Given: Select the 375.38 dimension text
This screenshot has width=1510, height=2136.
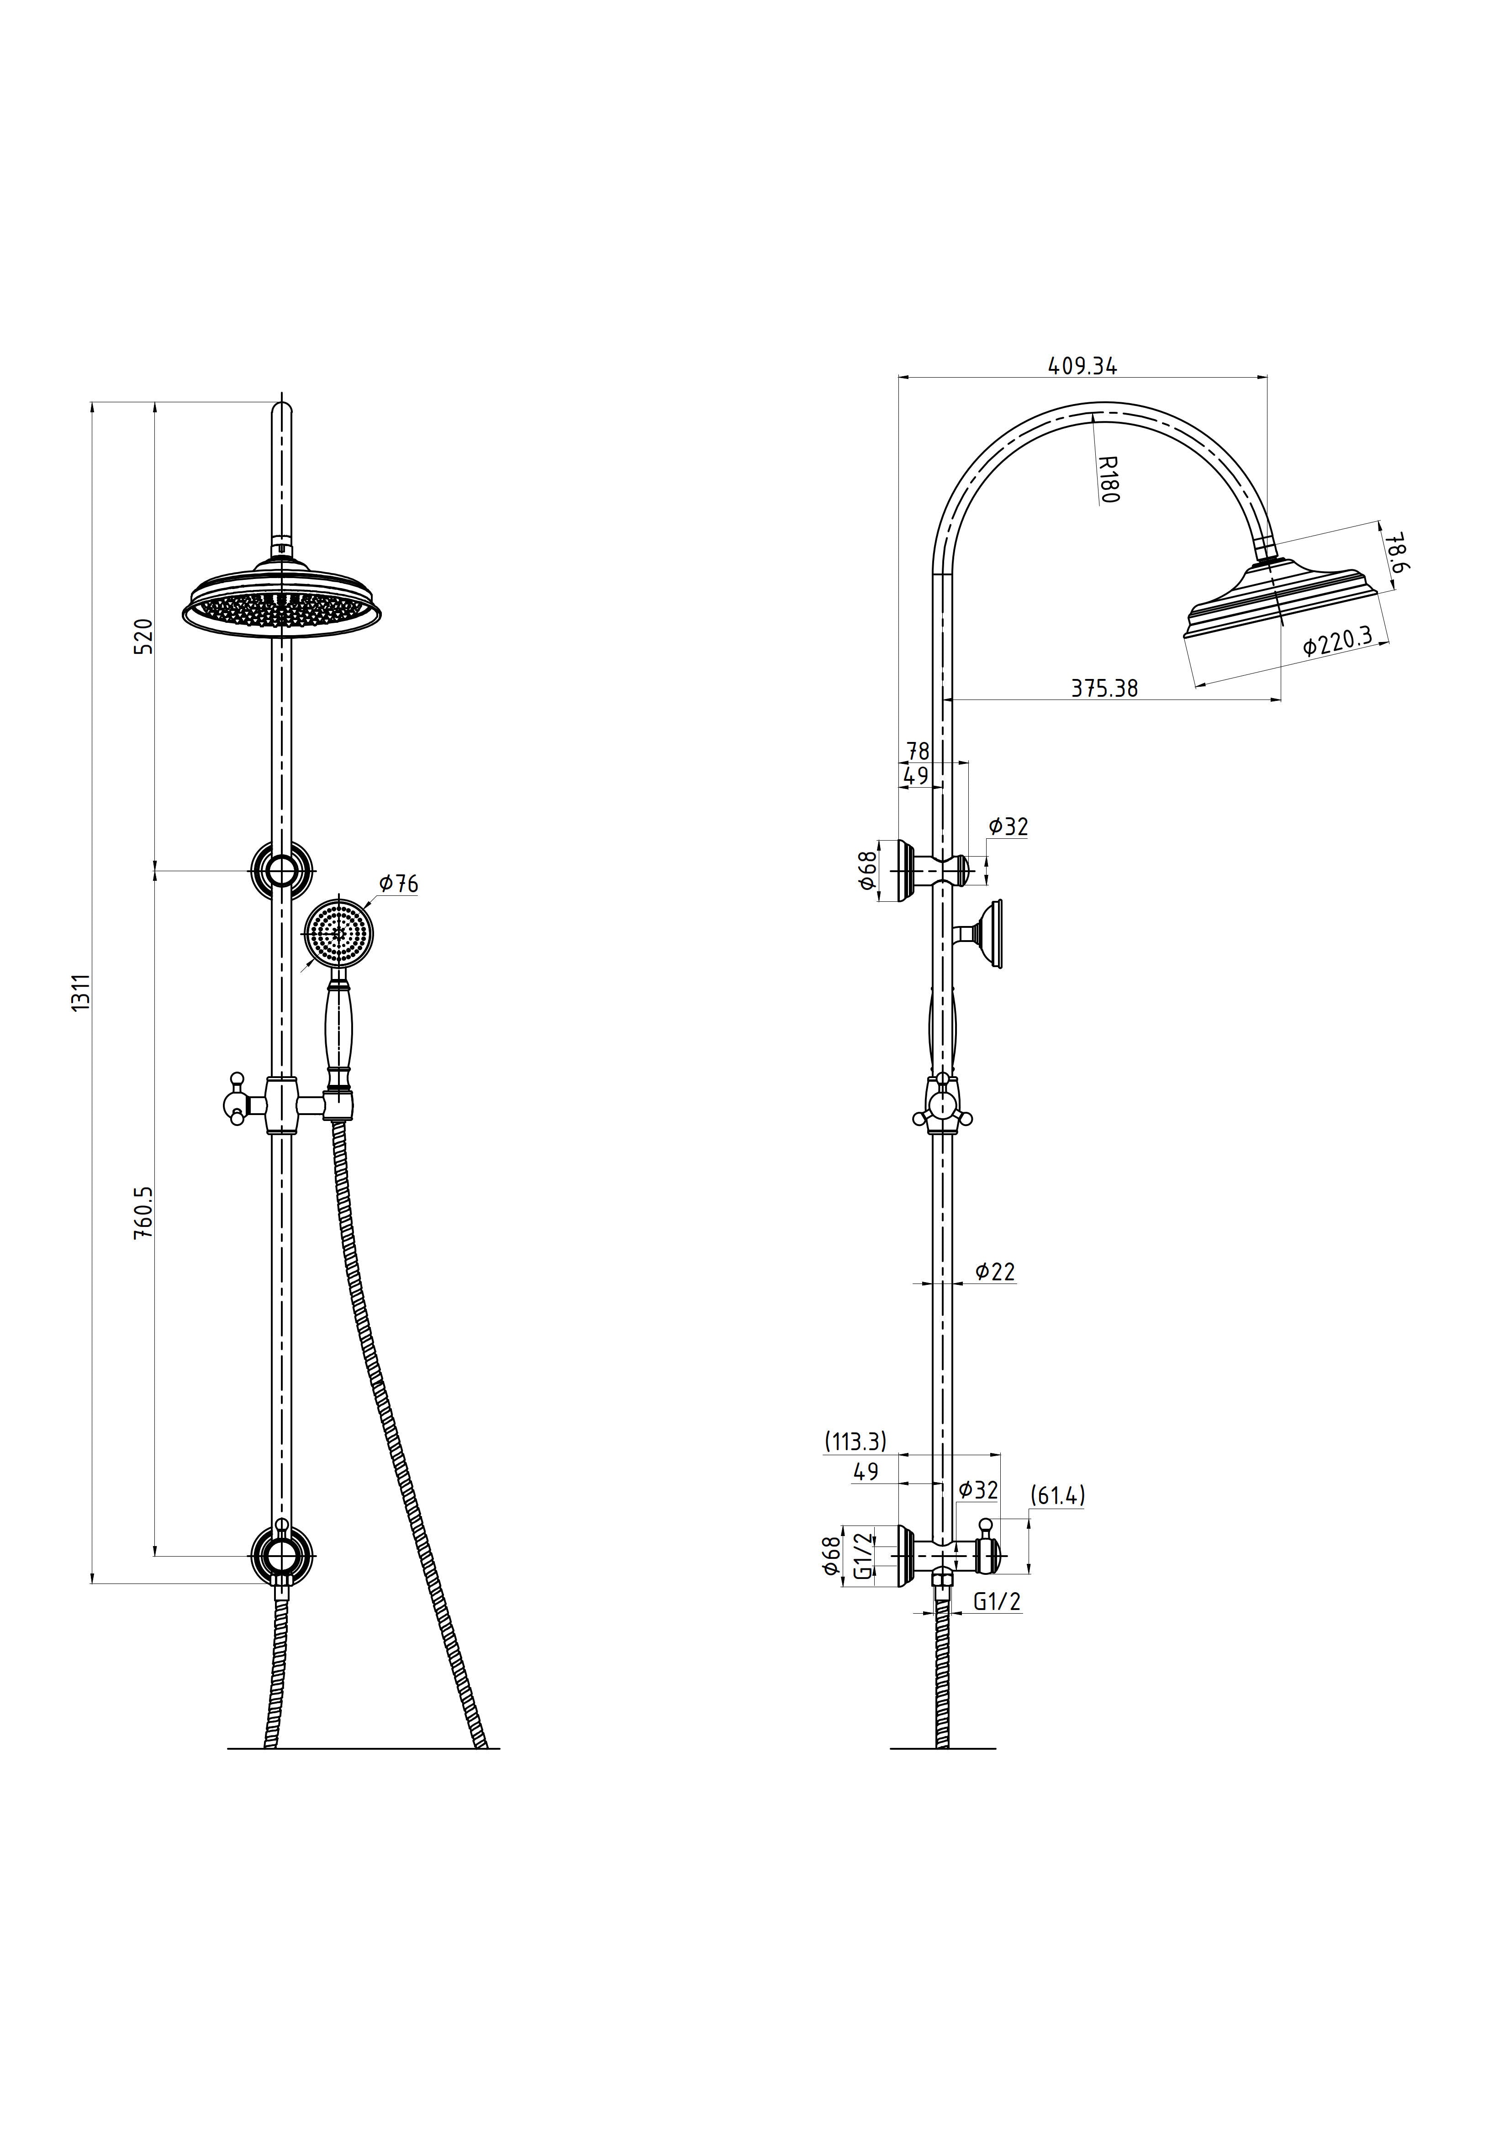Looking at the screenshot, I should click(1104, 689).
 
